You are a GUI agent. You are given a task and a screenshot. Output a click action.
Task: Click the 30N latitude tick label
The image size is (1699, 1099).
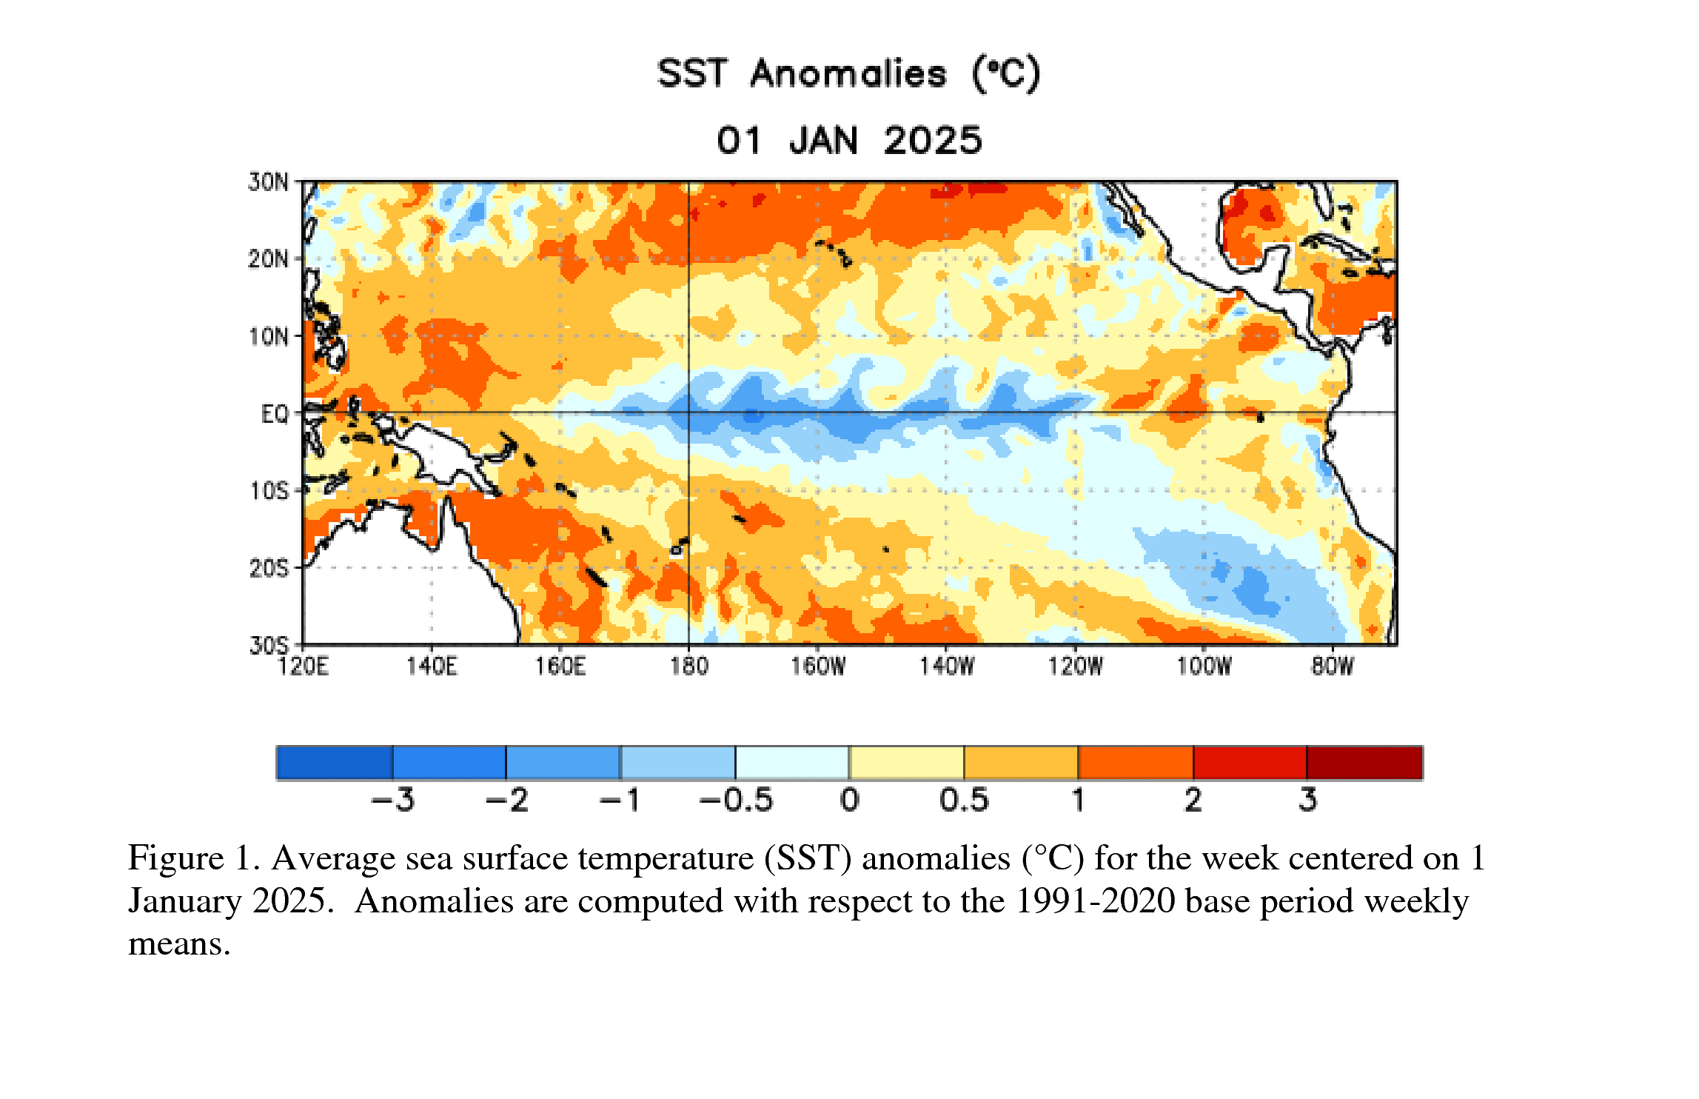click(268, 182)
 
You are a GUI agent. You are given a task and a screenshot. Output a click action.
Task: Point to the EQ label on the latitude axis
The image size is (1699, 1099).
click(275, 414)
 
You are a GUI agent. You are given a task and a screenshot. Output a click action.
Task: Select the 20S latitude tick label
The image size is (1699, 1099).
click(268, 569)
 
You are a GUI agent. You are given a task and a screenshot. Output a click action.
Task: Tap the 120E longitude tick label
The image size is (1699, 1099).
click(303, 667)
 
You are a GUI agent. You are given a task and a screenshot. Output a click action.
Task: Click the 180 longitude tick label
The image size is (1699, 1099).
click(689, 667)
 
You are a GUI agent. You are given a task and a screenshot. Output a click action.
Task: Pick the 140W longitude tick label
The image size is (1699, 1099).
click(947, 667)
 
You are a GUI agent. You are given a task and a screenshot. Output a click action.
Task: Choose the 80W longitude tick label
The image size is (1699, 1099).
click(1332, 667)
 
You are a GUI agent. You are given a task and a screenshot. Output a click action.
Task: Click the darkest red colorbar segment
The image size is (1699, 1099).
click(1364, 763)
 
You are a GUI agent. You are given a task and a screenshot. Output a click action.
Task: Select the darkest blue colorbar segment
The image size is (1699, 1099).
click(335, 763)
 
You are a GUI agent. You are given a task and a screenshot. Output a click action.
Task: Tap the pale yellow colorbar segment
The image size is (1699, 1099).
click(907, 763)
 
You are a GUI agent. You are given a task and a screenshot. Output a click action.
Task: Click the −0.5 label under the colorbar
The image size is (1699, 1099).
click(736, 801)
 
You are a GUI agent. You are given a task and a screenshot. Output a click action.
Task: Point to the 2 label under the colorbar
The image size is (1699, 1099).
click(1193, 801)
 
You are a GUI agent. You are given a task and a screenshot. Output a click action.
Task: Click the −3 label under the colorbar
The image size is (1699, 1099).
click(392, 801)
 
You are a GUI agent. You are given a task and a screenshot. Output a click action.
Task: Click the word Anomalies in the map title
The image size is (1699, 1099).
click(848, 74)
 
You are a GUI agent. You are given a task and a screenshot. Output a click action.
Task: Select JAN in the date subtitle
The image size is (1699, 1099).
click(823, 141)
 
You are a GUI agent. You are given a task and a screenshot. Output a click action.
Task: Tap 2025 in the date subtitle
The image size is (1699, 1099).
click(933, 141)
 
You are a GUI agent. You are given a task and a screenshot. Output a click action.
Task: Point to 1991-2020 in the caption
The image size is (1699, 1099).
click(1095, 901)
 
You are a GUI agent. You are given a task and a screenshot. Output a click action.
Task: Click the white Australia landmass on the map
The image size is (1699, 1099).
click(400, 592)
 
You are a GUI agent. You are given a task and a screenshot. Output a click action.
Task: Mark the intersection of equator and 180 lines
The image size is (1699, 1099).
click(688, 412)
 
